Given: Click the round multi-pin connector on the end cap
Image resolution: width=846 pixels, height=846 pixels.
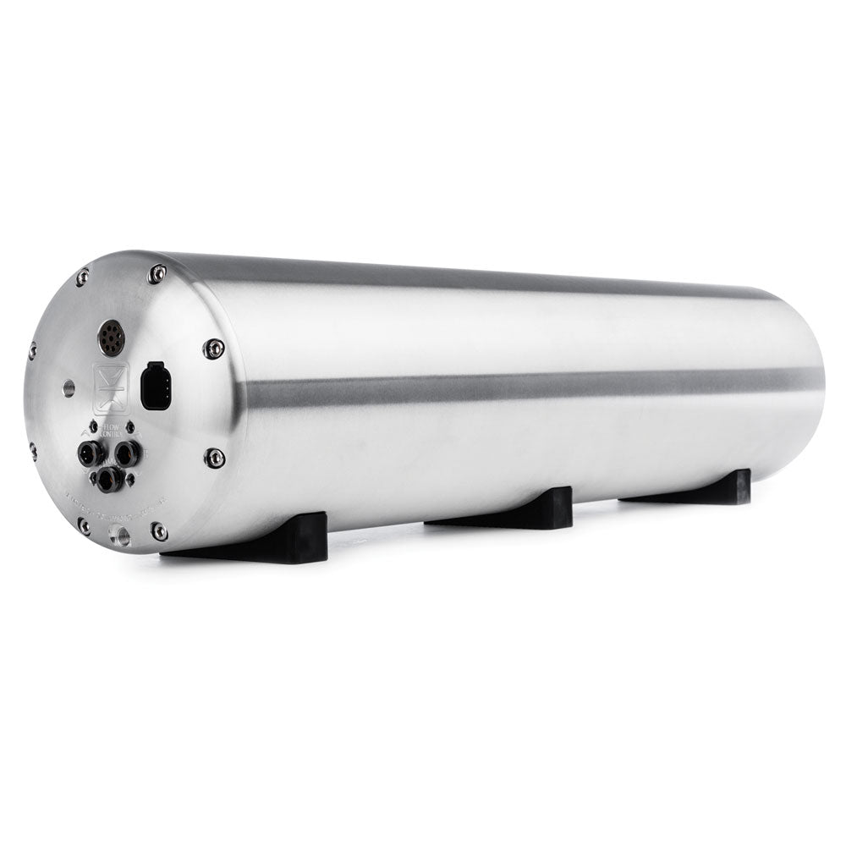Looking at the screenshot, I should click(111, 337).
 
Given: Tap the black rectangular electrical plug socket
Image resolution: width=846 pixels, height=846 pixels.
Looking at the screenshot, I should click(156, 387).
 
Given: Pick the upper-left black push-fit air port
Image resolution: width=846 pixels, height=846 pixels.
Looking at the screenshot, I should click(88, 453).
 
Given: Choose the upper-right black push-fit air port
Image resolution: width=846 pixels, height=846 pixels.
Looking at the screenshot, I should click(127, 453).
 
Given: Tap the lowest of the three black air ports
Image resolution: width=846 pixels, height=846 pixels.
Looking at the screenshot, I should click(108, 479).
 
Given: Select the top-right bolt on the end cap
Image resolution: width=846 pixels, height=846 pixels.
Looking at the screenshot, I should click(157, 272).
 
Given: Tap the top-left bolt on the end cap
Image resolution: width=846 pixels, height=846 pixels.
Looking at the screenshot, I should click(82, 277).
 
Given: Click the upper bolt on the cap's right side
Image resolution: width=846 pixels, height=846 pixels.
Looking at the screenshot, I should click(213, 348).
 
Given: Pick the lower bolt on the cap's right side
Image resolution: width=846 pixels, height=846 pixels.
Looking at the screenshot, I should click(215, 458).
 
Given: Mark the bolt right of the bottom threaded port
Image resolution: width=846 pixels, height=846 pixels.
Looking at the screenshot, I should click(159, 531).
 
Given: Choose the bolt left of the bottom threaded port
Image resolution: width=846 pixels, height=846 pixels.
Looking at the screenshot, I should click(83, 525).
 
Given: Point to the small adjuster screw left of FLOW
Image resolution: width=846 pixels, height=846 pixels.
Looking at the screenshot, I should click(93, 426).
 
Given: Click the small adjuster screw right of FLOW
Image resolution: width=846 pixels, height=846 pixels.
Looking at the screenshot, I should click(130, 426).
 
